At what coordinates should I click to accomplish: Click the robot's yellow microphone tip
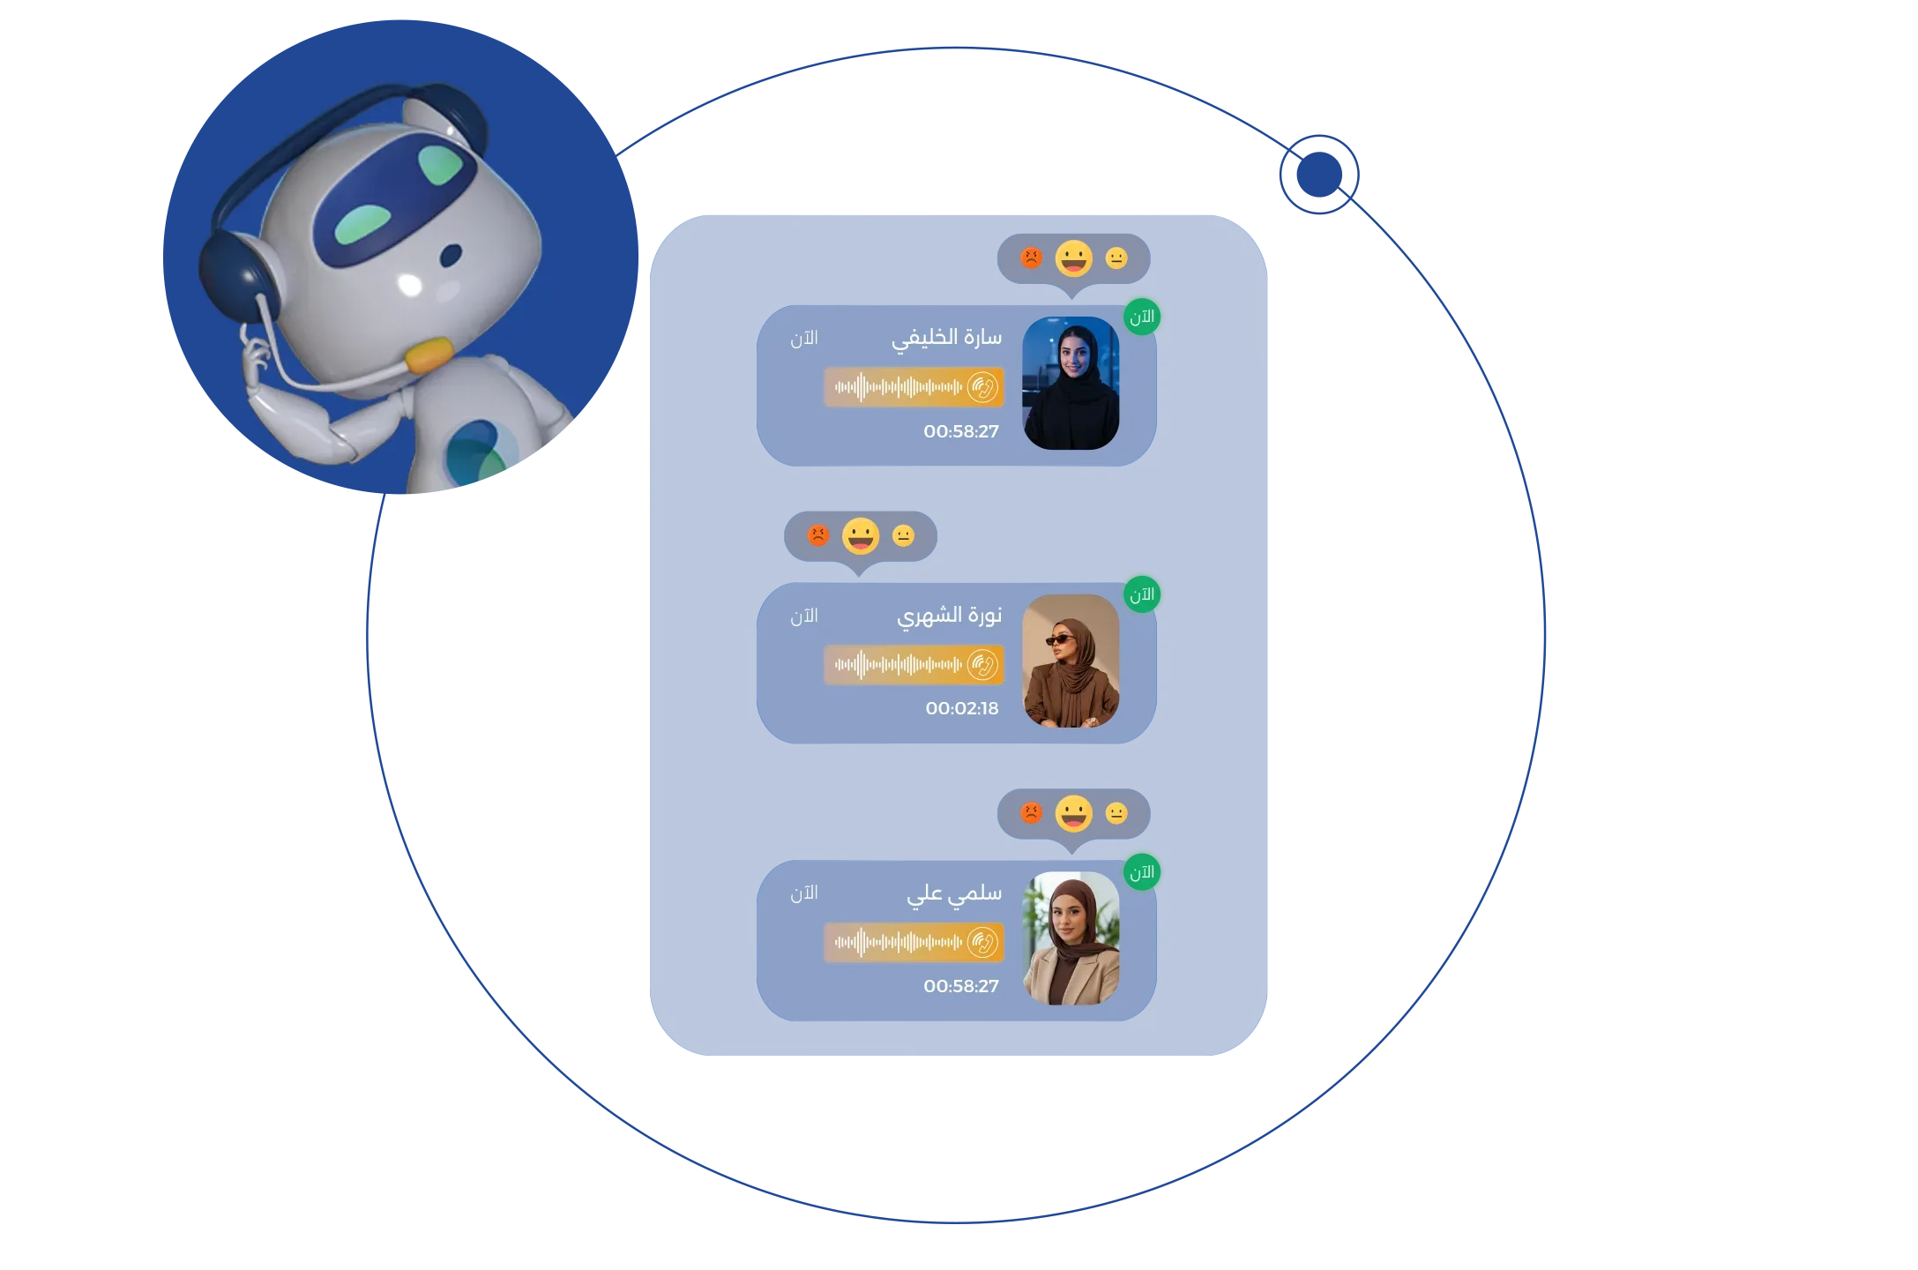tap(429, 355)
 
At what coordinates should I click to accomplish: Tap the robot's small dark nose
tap(451, 255)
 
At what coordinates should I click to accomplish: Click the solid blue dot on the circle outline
tap(1319, 175)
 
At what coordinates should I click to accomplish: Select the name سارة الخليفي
tap(946, 339)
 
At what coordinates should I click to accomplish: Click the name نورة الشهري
tap(950, 616)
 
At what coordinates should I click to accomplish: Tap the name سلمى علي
tap(954, 893)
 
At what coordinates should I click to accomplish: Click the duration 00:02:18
tap(962, 708)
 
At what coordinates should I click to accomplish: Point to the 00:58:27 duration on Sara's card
tap(961, 431)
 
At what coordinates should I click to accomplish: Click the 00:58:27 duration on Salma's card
tap(961, 986)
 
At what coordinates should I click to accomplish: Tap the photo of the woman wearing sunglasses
tap(1071, 661)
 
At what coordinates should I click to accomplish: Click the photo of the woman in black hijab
tap(1071, 383)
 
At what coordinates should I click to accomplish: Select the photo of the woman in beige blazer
tap(1071, 938)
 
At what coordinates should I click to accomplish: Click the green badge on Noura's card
tap(1142, 594)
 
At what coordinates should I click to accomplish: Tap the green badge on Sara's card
tap(1142, 317)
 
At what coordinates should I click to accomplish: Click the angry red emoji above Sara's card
tap(1031, 258)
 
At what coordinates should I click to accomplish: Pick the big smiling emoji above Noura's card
tap(861, 535)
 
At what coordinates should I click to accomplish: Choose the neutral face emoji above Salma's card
tap(1116, 812)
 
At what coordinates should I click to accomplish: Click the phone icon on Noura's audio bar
tap(982, 665)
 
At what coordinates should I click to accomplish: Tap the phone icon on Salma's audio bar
tap(982, 942)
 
